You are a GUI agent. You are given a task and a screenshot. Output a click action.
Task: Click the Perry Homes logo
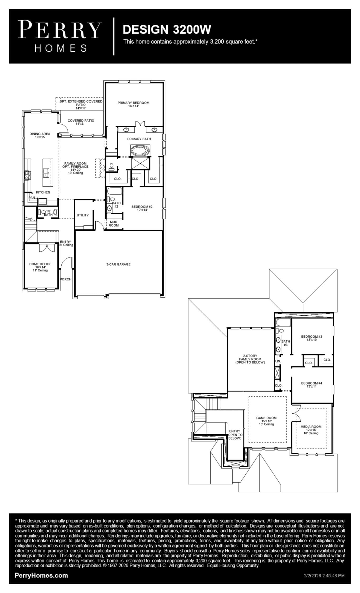point(60,36)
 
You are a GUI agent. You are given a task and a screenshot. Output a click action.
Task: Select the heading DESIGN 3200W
point(167,30)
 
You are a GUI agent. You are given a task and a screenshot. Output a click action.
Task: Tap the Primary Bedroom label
point(133,104)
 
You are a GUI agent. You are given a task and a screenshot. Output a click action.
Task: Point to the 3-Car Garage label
point(118,264)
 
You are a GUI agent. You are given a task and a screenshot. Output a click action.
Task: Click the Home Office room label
point(40,267)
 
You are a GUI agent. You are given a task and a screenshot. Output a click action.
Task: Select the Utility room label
point(83,215)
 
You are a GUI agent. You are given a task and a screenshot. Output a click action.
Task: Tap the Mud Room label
point(114,224)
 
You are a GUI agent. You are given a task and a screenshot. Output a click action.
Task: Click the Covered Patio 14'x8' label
point(81,122)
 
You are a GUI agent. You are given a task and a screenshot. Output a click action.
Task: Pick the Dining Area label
point(40,135)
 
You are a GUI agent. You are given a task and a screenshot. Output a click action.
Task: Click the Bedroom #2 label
point(142,208)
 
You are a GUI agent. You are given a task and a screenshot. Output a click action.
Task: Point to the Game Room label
point(266,421)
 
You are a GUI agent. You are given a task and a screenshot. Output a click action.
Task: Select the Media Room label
point(311,430)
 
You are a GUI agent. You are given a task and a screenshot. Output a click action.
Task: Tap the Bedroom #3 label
point(312,338)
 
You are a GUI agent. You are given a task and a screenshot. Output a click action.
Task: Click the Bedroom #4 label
point(312,385)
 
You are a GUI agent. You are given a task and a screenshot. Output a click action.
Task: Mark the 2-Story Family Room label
point(250,359)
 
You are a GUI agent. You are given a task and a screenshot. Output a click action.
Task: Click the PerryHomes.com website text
point(41,575)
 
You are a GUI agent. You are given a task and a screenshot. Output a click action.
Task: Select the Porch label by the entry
point(66,279)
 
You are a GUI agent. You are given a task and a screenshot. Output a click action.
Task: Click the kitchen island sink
point(46,173)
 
